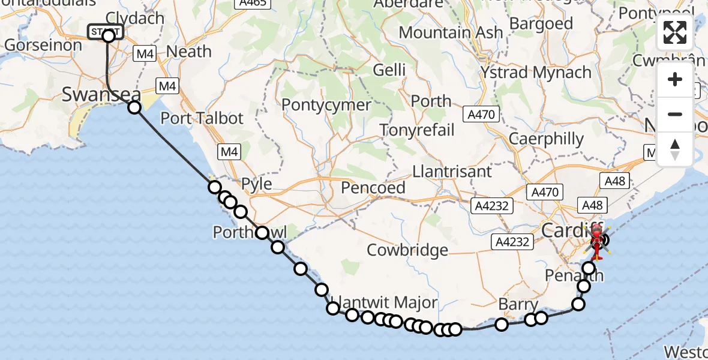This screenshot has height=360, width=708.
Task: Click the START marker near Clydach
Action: coord(106,32)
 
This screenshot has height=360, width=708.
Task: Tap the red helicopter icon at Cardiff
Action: coord(598,241)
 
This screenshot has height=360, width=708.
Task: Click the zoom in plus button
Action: coord(675,79)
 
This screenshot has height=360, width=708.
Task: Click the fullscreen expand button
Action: coord(675,32)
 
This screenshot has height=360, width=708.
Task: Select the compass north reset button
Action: coord(675,148)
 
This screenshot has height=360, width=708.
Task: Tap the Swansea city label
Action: coord(101,95)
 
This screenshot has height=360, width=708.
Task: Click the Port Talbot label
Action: coord(202,118)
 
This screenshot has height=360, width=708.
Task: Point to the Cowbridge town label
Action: coord(407,250)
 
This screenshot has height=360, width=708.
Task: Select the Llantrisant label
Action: coord(452,172)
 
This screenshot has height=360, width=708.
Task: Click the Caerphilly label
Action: coord(546,139)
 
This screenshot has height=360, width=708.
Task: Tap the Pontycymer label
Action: coord(326,105)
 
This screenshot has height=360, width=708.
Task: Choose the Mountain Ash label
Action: coord(451,32)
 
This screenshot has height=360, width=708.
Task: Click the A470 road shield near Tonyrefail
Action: coord(485,115)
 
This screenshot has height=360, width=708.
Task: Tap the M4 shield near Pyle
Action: coord(229,152)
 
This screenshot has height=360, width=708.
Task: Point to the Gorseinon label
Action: coord(43,45)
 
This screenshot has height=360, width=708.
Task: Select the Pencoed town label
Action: coord(373,188)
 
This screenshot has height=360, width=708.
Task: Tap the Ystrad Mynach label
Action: coord(536,73)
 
